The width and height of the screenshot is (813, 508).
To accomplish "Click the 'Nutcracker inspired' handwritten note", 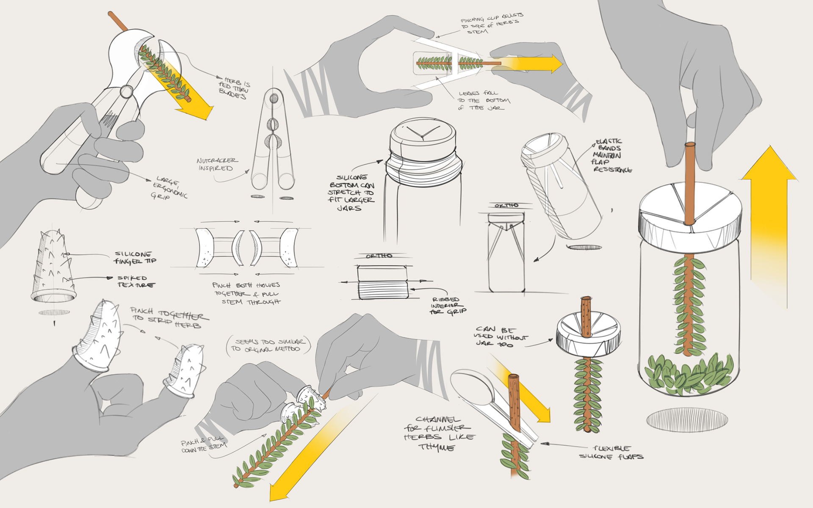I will (217, 164).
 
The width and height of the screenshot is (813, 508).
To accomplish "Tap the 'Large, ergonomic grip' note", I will (169, 188).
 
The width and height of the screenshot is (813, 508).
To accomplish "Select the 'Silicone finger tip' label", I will (135, 257).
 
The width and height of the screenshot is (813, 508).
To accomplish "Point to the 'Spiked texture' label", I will (135, 282).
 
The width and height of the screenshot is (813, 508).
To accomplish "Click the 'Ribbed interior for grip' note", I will (448, 305).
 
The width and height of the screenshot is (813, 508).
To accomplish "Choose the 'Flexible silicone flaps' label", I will (611, 452).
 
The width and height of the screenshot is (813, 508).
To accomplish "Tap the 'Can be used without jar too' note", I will (501, 337).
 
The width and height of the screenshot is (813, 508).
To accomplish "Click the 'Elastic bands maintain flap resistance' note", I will (612, 155).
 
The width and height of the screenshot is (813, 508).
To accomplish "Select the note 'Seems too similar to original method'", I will (268, 345).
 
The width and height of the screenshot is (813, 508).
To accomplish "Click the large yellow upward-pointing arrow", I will (769, 212).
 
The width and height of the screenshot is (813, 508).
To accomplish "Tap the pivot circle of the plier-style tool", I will (126, 91).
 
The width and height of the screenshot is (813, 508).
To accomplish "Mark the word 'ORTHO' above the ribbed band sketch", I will (379, 256).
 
